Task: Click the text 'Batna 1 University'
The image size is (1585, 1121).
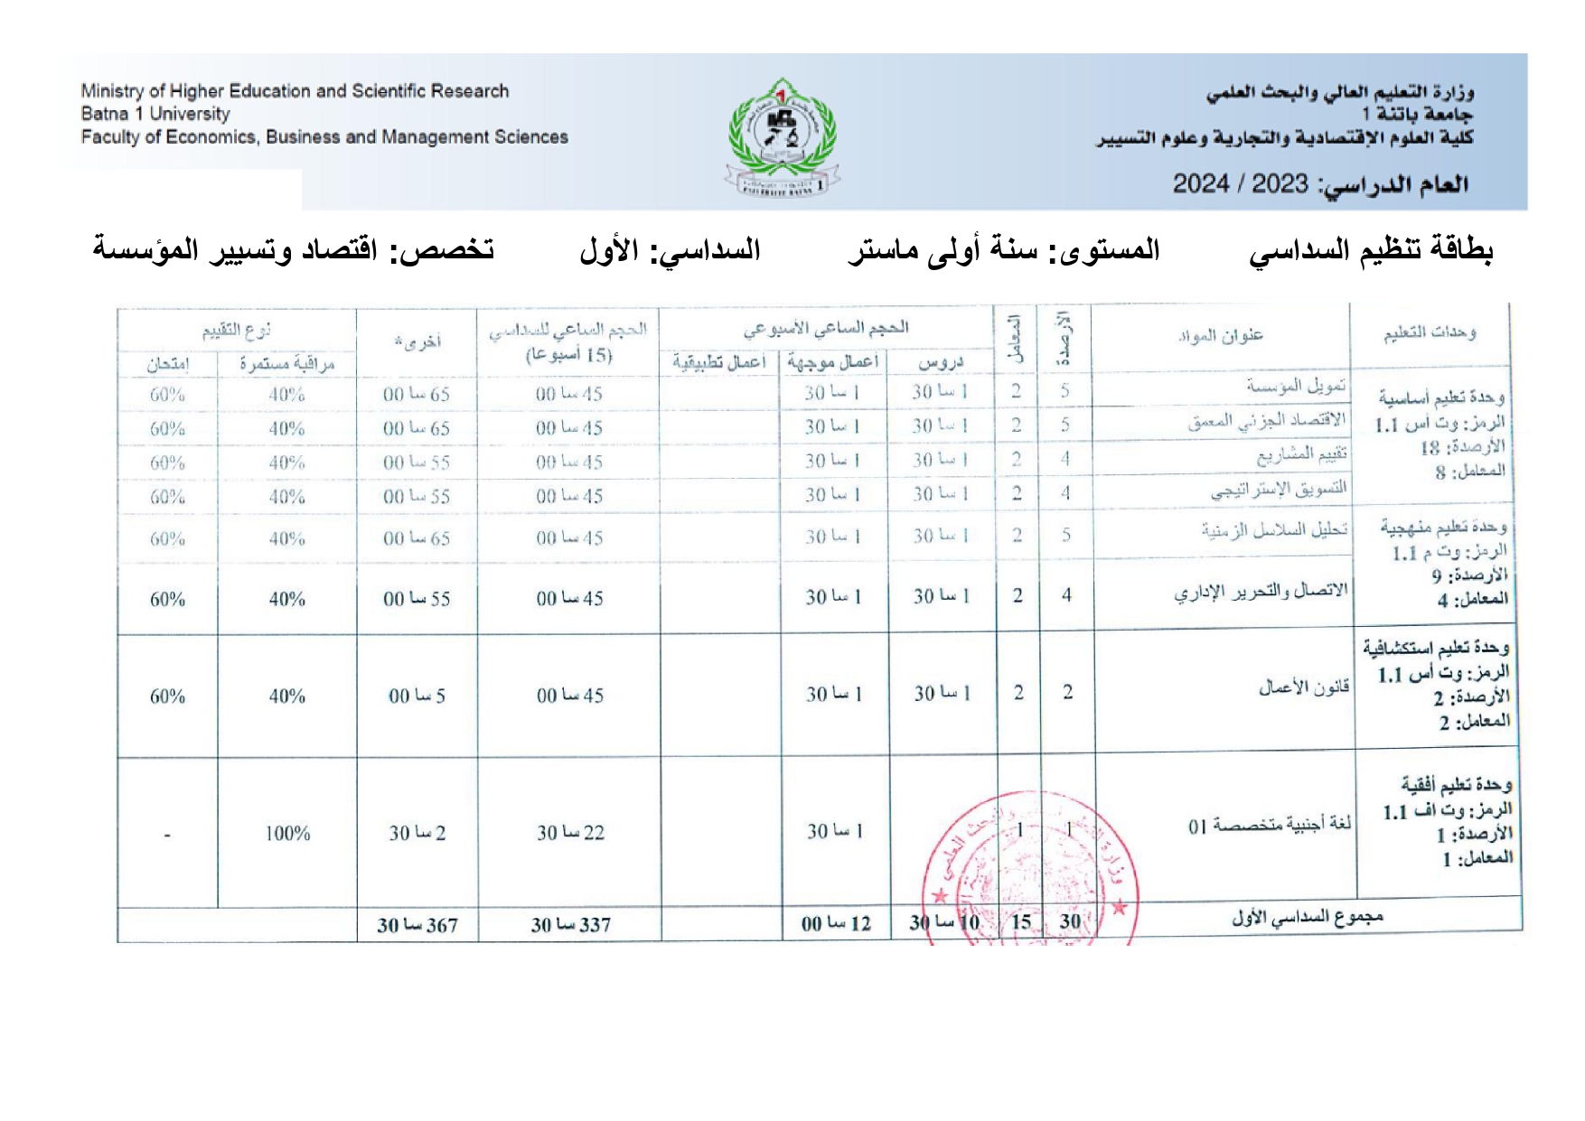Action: click(x=155, y=114)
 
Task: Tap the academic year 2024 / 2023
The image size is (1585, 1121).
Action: click(x=1240, y=184)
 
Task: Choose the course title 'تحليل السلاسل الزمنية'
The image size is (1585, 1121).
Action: click(x=1274, y=530)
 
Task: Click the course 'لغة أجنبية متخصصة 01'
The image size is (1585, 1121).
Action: click(x=1269, y=824)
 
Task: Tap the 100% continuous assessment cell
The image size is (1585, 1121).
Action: click(x=287, y=833)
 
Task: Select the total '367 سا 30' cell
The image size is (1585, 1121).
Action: click(x=417, y=925)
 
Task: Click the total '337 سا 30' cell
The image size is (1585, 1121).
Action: click(x=570, y=925)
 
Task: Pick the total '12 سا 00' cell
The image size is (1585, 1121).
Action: click(x=836, y=924)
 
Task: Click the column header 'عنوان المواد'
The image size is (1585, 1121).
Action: click(x=1220, y=336)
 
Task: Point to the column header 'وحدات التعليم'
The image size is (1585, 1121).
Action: click(x=1430, y=333)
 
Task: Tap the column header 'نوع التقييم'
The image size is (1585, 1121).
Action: click(x=237, y=331)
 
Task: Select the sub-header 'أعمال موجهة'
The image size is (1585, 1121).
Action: click(x=832, y=361)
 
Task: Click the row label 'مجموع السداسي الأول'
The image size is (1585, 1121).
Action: click(x=1308, y=918)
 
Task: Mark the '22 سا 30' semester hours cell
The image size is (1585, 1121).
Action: click(x=570, y=832)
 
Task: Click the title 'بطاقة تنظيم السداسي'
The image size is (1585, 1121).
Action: click(x=1371, y=250)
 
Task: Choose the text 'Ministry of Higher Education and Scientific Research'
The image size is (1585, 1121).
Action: click(x=295, y=91)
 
